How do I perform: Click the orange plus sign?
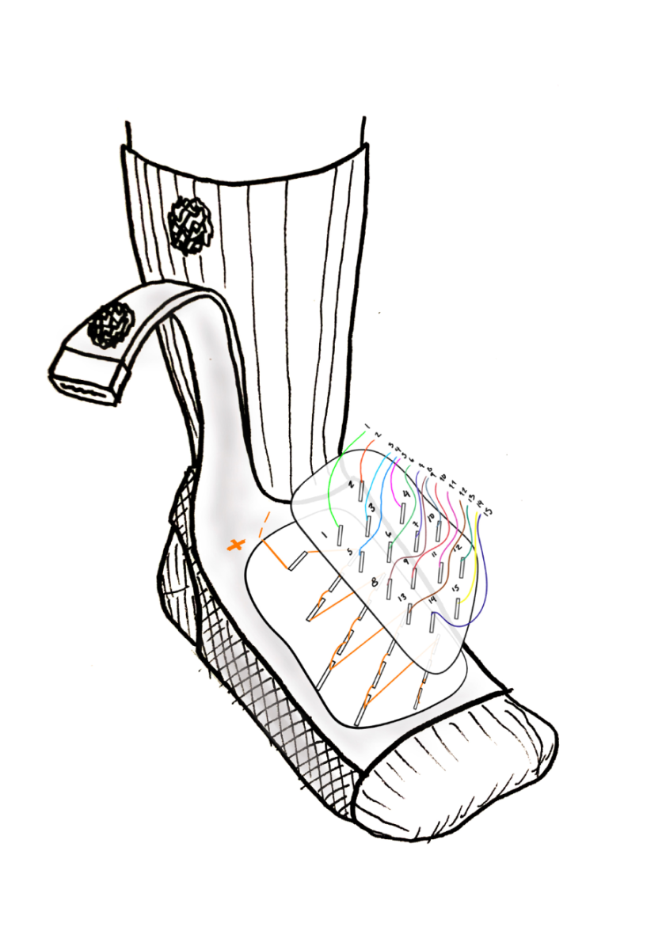tap(235, 545)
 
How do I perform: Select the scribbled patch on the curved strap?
tap(109, 323)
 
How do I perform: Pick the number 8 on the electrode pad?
tap(374, 583)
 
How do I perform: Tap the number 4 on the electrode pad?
tap(406, 496)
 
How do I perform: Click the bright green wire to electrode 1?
tap(333, 483)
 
